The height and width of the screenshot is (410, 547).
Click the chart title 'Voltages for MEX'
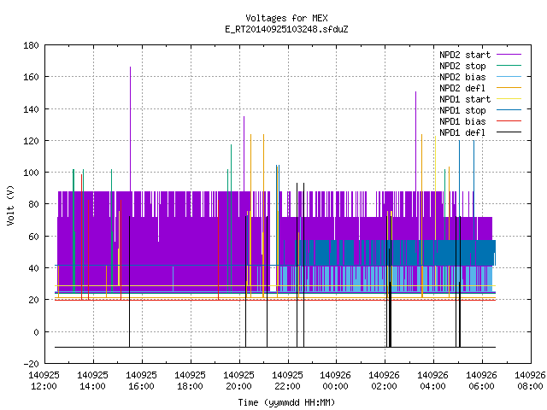(286, 18)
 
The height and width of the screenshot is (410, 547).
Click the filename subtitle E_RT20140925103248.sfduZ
(286, 29)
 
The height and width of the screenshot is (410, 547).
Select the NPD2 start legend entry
(480, 55)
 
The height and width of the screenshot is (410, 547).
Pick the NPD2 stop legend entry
(480, 66)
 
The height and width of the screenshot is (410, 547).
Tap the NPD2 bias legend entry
(480, 77)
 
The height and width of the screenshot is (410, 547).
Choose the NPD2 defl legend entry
(480, 88)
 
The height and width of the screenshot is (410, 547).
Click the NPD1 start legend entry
(480, 99)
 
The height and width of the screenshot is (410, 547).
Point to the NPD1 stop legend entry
(480, 110)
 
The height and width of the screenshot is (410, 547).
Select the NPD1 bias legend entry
(480, 121)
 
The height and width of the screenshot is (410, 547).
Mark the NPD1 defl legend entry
(480, 133)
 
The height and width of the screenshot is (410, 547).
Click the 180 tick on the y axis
(31, 45)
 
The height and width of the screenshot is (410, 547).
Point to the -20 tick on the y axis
(31, 364)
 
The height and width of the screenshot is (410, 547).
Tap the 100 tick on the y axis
(31, 173)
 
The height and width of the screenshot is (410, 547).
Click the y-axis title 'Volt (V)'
(10, 205)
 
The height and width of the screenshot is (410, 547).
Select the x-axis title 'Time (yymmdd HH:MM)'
(286, 402)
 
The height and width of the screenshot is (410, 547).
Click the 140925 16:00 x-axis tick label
(141, 381)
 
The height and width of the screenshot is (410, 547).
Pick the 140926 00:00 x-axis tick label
(335, 381)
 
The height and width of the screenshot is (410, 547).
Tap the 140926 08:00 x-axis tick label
(530, 381)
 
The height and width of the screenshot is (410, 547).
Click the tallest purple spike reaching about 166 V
(131, 129)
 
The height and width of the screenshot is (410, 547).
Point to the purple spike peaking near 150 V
(416, 142)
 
